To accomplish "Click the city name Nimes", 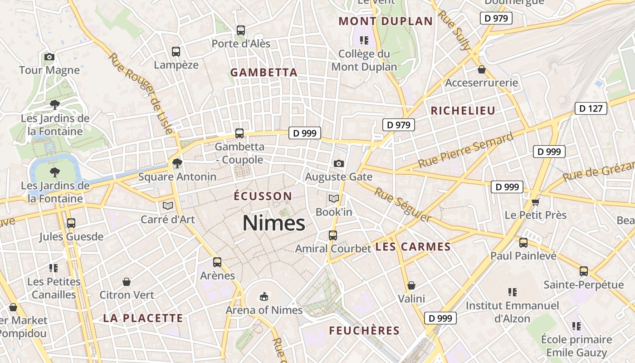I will pos(274,223).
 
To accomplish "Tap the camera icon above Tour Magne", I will pos(49,57).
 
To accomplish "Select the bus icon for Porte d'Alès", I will pos(241,30).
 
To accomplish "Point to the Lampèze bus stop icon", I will pos(176,52).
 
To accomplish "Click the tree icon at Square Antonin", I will pos(177,163).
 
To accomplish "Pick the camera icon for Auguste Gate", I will pos(338,163).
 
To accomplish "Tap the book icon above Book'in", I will pos(334,198).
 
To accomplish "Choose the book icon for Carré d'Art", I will pos(168,206).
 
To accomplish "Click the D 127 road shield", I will pos(591,108).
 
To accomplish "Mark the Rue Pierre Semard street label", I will pos(466,150).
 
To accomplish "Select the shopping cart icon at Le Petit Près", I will pos(536,201).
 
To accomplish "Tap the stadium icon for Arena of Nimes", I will pos(264,297).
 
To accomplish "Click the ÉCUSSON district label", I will pos(263,196).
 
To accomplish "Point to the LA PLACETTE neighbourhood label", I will pos(143,318).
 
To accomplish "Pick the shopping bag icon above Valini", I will pos(411,285).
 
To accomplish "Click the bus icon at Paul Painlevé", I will pos(523,243).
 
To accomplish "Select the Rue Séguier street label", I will pos(402,205).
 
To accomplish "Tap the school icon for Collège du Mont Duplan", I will pos(364,40).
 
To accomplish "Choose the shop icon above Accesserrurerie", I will pos(481,69).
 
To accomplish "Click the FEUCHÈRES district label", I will pos(364,330).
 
